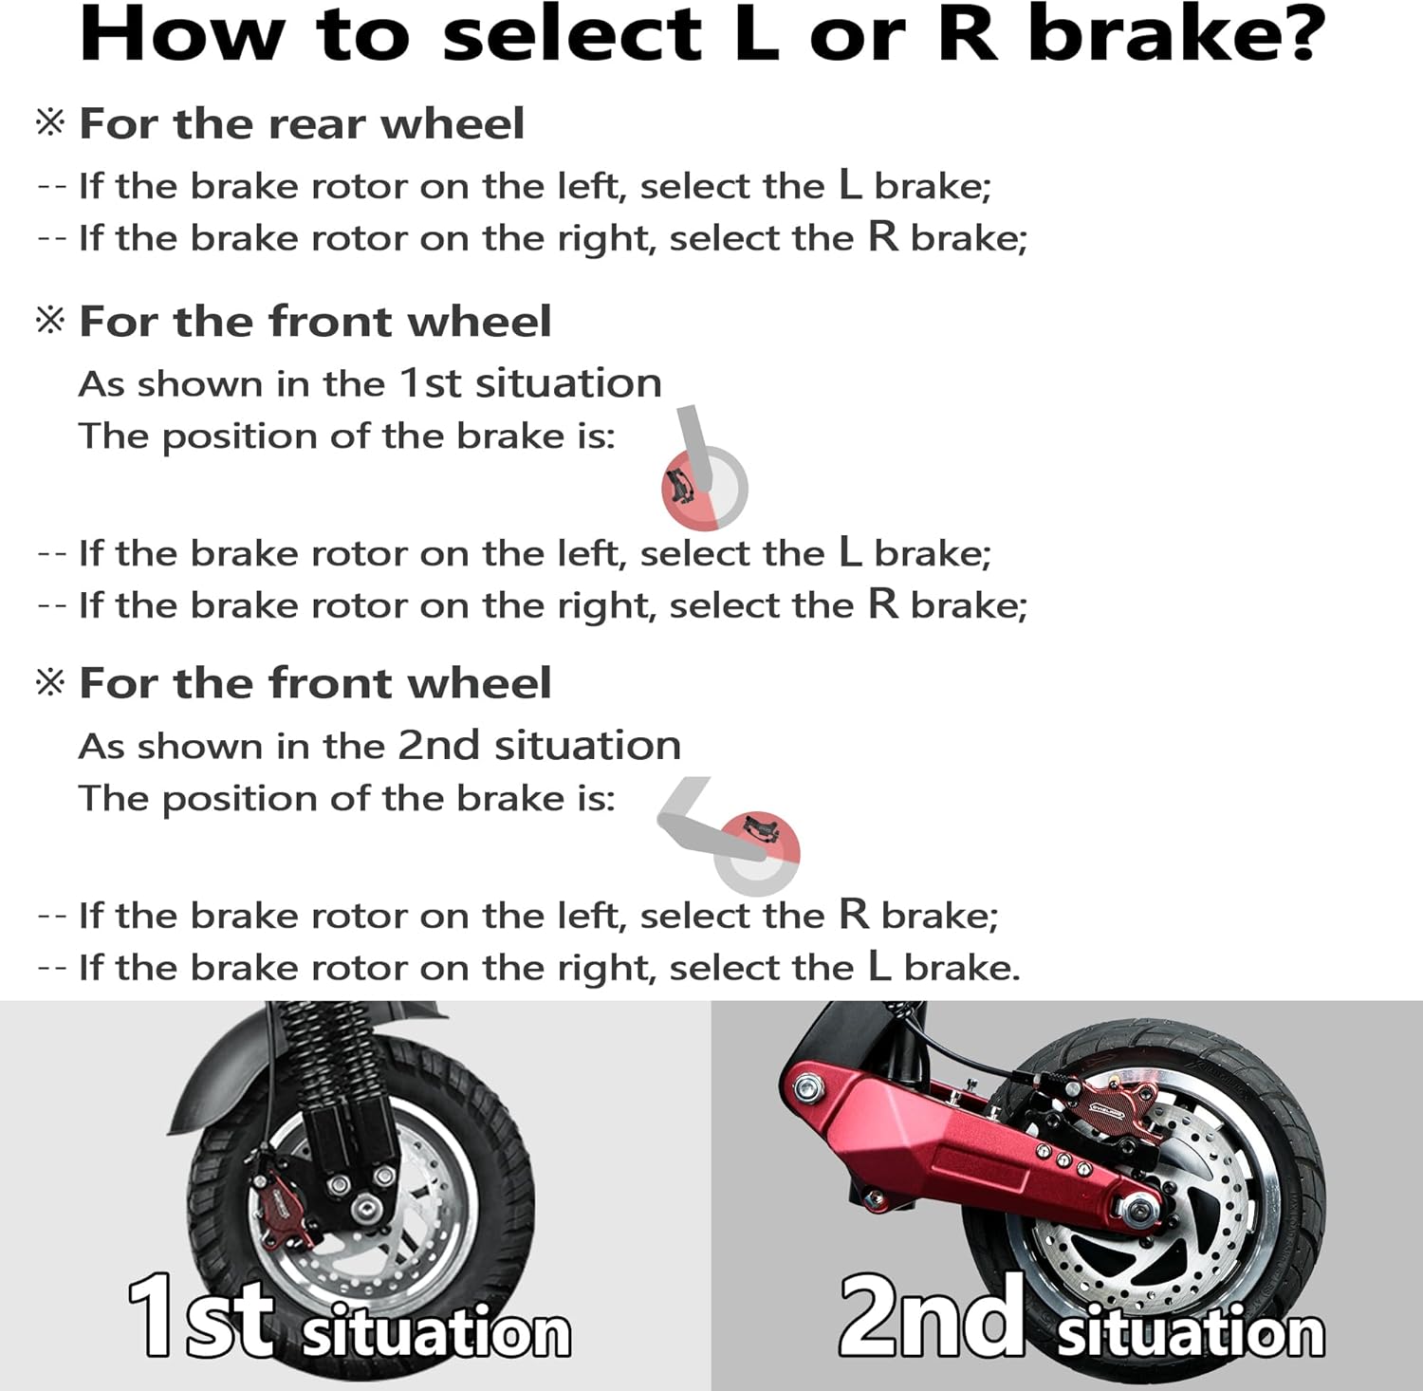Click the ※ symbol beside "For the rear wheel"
(x=50, y=123)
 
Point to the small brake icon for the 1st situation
(x=703, y=486)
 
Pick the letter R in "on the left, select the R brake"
(x=854, y=915)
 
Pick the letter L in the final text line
(x=879, y=967)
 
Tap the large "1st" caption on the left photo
(x=201, y=1319)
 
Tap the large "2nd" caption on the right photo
(x=930, y=1319)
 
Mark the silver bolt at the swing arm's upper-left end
(x=807, y=1086)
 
